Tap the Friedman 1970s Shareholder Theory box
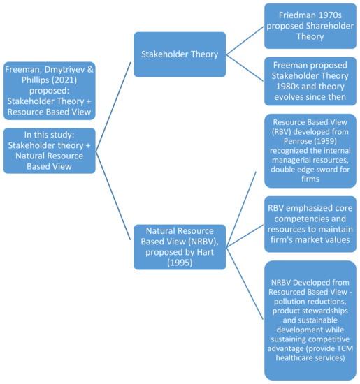coord(308,26)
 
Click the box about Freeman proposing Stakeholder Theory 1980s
coord(308,82)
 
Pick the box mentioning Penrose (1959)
coord(308,150)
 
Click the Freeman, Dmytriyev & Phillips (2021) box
coord(49,88)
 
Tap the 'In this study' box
coord(49,150)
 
